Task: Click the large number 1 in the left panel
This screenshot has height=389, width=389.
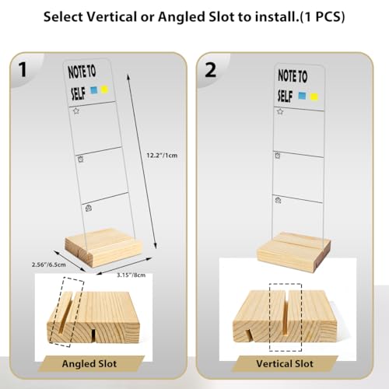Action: tap(23, 69)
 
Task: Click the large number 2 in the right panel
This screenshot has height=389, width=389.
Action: tap(210, 69)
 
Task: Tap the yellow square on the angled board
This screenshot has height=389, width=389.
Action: tap(104, 89)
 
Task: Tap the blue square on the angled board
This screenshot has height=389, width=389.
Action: tap(93, 90)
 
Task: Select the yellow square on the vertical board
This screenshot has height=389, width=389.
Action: tap(314, 97)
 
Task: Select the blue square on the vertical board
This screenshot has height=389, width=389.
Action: tap(302, 96)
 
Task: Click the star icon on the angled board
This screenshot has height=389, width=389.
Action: tap(75, 111)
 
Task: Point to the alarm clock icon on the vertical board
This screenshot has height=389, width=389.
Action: tap(278, 156)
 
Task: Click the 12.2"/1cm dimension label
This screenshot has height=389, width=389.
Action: tap(162, 156)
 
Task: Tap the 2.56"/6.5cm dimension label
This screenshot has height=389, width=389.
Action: tap(49, 265)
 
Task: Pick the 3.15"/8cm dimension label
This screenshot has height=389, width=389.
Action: tap(131, 275)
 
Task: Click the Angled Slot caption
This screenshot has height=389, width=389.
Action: tap(89, 363)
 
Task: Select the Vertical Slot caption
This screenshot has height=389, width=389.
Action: tap(285, 363)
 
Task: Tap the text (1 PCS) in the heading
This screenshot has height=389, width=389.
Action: tap(322, 17)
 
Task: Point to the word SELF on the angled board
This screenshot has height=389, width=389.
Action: tap(78, 93)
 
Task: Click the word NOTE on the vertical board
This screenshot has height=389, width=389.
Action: tap(287, 75)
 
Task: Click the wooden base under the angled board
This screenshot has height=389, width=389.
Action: tap(103, 247)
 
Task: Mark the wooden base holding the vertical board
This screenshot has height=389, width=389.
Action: tap(293, 251)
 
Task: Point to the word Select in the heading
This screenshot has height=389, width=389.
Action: tap(63, 17)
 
